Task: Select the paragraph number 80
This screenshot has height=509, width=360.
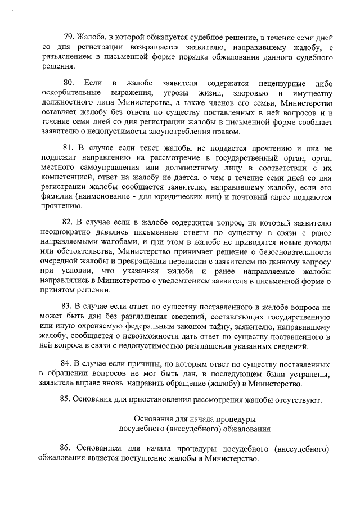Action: pos(70,83)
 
